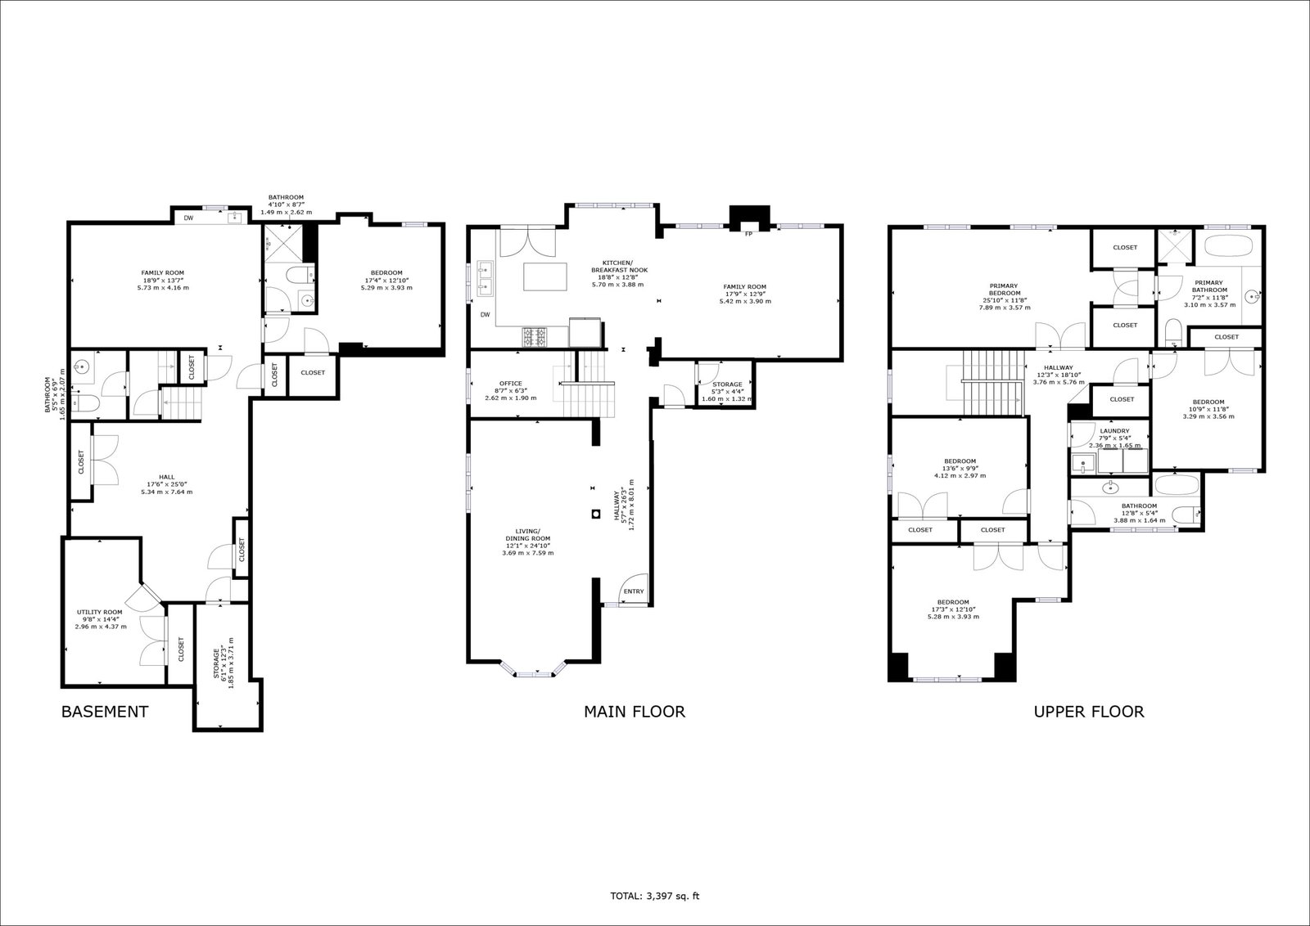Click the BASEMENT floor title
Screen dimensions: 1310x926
click(105, 712)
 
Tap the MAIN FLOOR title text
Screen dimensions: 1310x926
click(635, 712)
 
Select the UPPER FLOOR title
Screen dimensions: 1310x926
click(1089, 712)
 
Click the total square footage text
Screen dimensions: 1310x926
click(654, 897)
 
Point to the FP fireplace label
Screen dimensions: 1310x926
click(748, 234)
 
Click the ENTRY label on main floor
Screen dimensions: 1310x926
click(634, 591)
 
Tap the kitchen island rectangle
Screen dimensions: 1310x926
click(545, 277)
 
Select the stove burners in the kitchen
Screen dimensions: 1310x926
click(535, 337)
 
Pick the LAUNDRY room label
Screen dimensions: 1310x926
click(1114, 431)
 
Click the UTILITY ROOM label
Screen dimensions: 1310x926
click(99, 612)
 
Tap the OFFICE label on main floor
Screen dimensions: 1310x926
click(511, 384)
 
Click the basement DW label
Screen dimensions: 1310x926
click(188, 218)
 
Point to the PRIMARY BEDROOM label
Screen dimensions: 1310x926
click(1005, 290)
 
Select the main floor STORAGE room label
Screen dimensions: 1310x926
click(727, 384)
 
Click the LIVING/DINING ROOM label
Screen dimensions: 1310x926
click(527, 534)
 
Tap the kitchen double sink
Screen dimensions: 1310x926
click(485, 277)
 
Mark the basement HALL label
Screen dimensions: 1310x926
click(167, 477)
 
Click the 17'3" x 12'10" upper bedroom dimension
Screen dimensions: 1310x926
click(953, 609)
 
